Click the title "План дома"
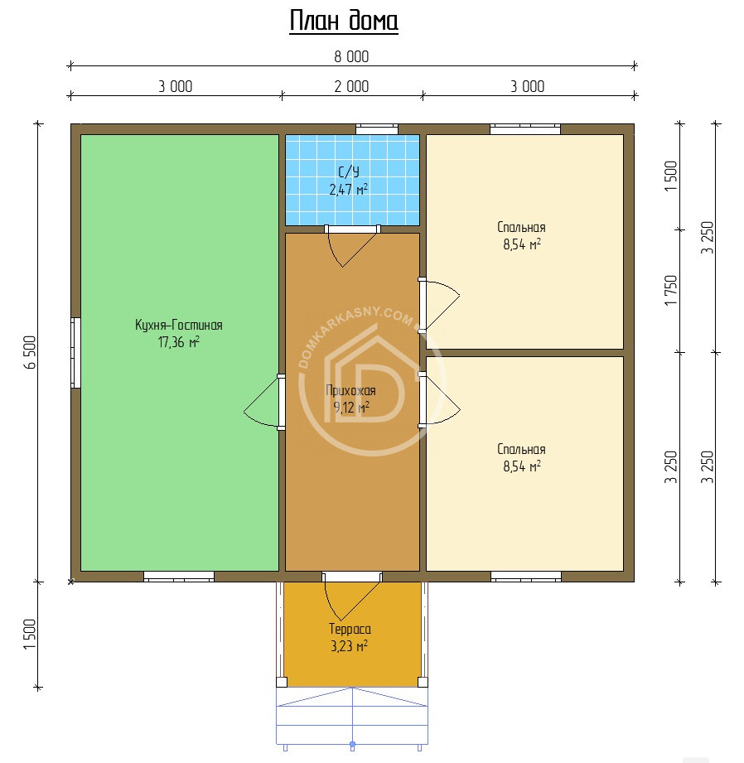tap(344, 22)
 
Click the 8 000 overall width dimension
tap(351, 57)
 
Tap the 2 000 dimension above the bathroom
tap(351, 87)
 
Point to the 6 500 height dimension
tap(30, 352)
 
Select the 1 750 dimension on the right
tap(671, 291)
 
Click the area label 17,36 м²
tap(179, 341)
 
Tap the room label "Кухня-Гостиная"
tap(179, 325)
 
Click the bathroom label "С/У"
tap(349, 171)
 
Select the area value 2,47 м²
tap(349, 189)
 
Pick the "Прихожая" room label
tap(350, 390)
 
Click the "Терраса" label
tap(350, 629)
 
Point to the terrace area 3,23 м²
tap(349, 646)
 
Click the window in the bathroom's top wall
tap(377, 129)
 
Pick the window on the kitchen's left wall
tap(76, 352)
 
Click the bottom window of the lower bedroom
tap(526, 577)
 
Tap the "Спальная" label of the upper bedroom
tap(521, 227)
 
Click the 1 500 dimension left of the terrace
tap(30, 634)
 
